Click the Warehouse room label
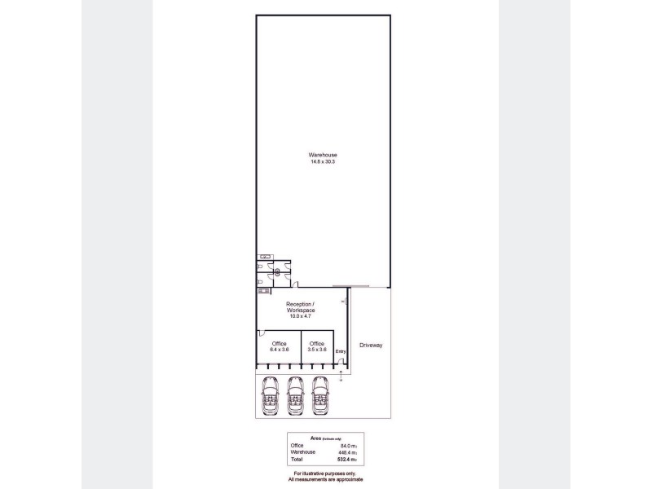[323, 155]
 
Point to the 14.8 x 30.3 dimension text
[323, 162]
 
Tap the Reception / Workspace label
[301, 307]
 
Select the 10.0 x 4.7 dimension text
[301, 315]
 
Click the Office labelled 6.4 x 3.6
[280, 344]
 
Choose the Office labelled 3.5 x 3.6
[317, 344]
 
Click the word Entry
[341, 351]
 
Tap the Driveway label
[371, 346]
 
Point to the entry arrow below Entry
[341, 373]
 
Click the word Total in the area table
[297, 460]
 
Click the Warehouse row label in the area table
[303, 452]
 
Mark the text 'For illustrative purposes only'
[325, 474]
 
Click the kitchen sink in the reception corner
[263, 291]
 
